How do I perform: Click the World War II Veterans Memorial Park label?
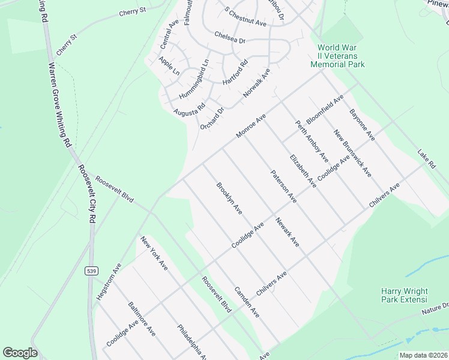point(342,56)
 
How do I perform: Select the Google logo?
point(20,353)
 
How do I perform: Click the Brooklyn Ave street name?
point(229,199)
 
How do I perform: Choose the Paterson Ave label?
point(283,186)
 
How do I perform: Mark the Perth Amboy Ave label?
point(312,141)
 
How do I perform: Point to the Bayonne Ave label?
point(362,125)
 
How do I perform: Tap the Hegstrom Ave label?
point(109,281)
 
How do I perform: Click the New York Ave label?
point(154,254)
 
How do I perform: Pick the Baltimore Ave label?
point(142,319)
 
